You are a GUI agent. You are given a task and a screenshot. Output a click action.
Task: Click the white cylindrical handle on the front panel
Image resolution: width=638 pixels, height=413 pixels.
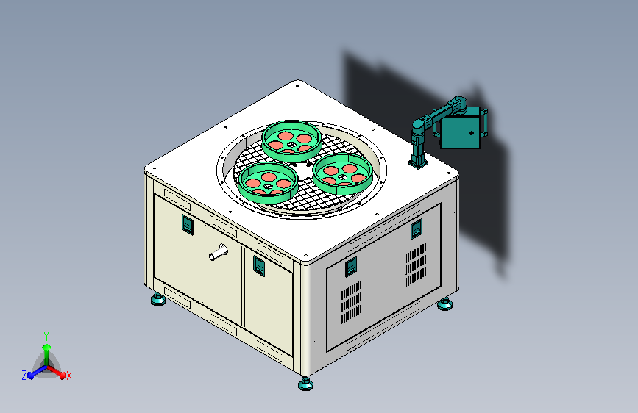pos(219,252)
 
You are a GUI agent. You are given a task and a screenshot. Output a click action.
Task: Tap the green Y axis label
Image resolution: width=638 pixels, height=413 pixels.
pos(46,337)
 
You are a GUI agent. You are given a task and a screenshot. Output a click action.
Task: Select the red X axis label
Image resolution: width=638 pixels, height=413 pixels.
pos(68,376)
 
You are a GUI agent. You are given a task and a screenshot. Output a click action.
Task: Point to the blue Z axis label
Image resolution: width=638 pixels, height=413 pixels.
pos(24,376)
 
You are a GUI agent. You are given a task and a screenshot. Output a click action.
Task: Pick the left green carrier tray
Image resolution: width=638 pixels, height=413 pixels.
pos(268,182)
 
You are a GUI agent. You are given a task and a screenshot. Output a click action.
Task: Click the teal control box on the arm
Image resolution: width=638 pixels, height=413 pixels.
pos(461,131)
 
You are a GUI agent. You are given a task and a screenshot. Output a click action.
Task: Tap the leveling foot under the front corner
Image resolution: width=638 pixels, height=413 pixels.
pos(305,383)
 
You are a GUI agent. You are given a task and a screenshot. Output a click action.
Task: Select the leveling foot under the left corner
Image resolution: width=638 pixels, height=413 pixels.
pos(158,299)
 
